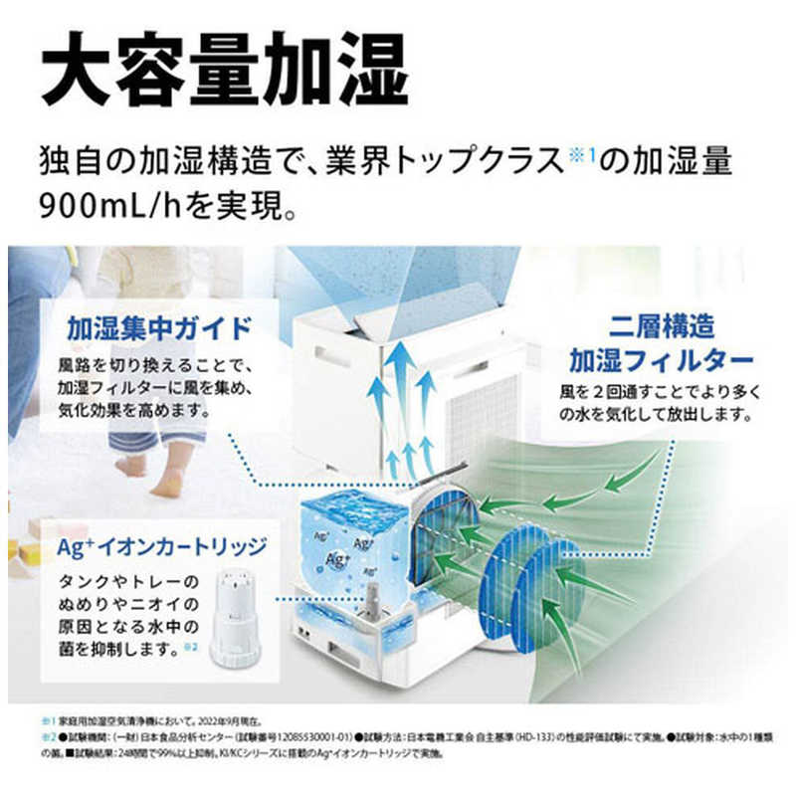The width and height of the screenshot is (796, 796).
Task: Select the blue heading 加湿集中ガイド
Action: (x=159, y=327)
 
